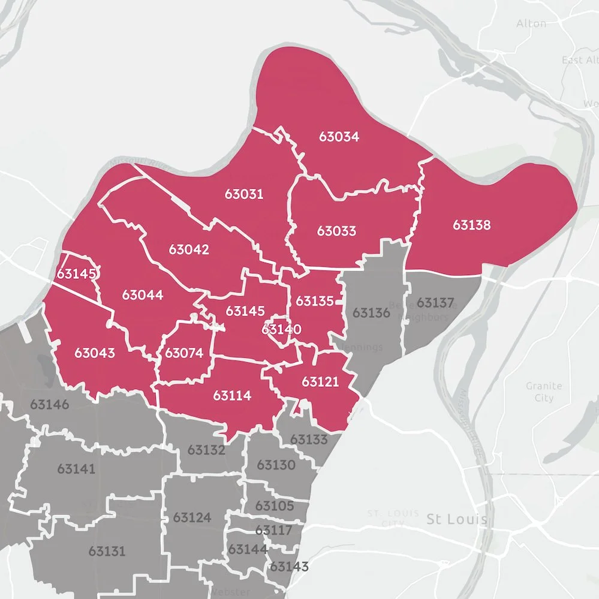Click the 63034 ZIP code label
pos(339,137)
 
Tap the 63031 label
pos(244,194)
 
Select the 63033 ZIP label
pos(336,231)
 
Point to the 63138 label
pos(471,225)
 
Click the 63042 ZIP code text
pos(189,249)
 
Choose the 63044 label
pos(142,295)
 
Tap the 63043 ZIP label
pos(95,353)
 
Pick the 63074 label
pos(184,353)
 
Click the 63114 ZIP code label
pos(232,396)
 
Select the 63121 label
pos(320,382)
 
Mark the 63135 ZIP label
pos(314,301)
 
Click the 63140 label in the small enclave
pos(281,330)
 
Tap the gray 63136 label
pos(371,313)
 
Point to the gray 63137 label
pos(435,302)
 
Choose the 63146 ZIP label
pos(49,404)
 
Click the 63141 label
pos(76,468)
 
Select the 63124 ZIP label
pos(192,517)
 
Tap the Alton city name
pos(531,23)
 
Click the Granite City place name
pos(544,392)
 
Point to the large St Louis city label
pos(456,519)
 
